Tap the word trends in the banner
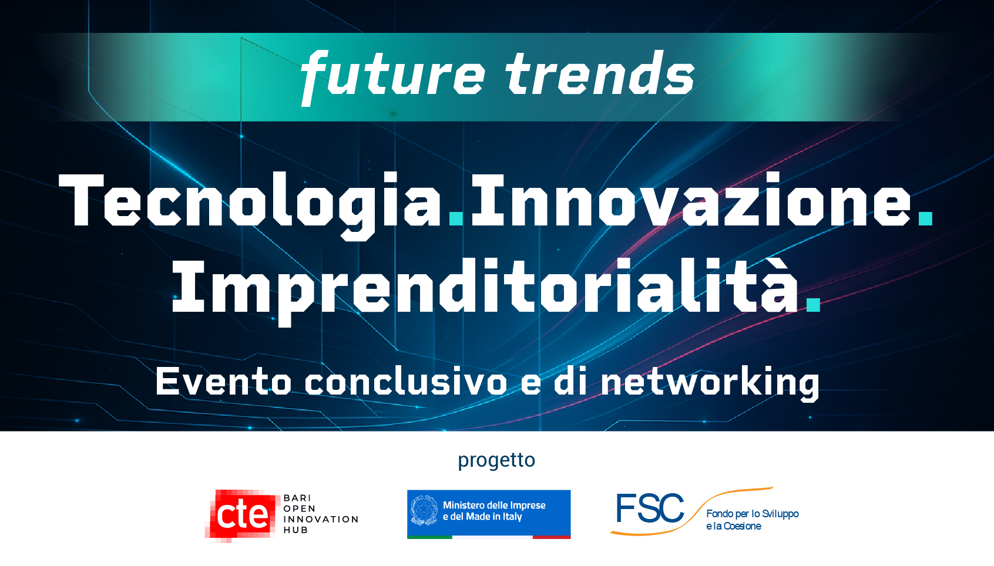[600, 73]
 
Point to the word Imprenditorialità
[485, 291]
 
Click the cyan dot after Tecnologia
[456, 218]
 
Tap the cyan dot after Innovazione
[925, 218]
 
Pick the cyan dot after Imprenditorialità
[813, 305]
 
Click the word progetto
[496, 460]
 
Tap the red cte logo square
[242, 516]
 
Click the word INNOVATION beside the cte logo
[321, 519]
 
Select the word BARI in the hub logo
[297, 498]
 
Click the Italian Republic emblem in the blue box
[424, 511]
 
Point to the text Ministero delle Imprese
[494, 505]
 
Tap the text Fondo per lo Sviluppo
[752, 514]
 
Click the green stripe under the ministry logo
[429, 537]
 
